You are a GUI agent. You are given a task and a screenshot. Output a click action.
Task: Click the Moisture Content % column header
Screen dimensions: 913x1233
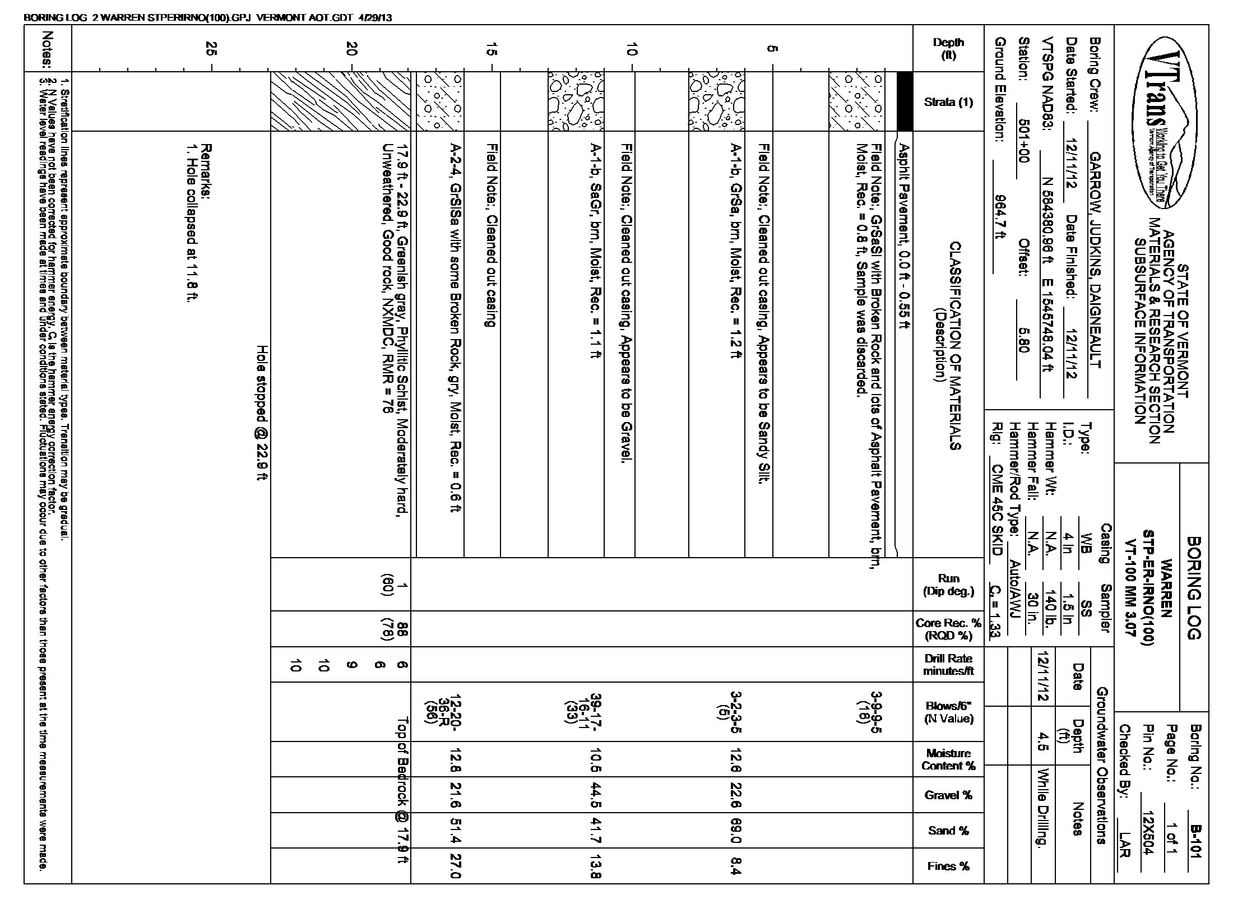coord(948,759)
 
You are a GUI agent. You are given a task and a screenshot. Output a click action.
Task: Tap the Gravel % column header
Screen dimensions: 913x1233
coord(948,795)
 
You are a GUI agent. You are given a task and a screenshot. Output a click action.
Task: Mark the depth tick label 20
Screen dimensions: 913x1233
coord(351,50)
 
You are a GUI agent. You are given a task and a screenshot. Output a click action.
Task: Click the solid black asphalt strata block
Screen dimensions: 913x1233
coord(905,101)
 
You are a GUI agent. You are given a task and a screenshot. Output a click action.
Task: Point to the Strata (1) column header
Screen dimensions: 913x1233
coord(948,102)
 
